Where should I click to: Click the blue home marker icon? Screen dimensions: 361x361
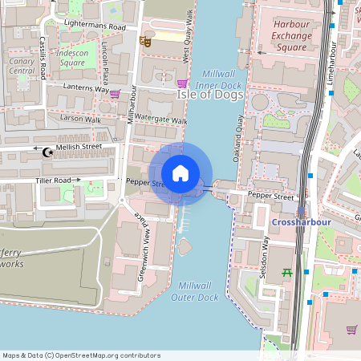180,173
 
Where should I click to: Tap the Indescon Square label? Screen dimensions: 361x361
72,58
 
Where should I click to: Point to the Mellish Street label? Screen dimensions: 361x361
79,147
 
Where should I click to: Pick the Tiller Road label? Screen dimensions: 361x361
53,180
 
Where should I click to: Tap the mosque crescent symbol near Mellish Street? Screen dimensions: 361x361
50,150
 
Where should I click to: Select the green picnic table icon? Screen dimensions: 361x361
287,273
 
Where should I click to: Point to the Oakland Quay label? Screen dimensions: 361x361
239,130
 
